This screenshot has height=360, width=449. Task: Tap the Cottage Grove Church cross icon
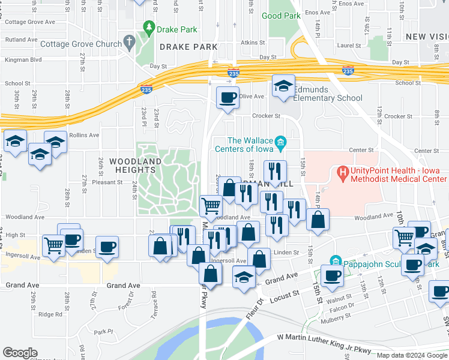[128, 43]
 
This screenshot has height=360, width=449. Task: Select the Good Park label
[281, 16]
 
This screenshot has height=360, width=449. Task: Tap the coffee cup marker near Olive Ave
[228, 97]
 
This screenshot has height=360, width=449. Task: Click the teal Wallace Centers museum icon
[280, 142]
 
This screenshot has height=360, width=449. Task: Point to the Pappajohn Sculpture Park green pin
[336, 261]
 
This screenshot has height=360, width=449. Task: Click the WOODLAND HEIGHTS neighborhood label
[135, 166]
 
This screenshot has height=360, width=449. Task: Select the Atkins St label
[253, 43]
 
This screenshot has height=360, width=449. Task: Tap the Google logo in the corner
[20, 353]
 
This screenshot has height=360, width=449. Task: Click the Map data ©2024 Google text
[411, 355]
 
